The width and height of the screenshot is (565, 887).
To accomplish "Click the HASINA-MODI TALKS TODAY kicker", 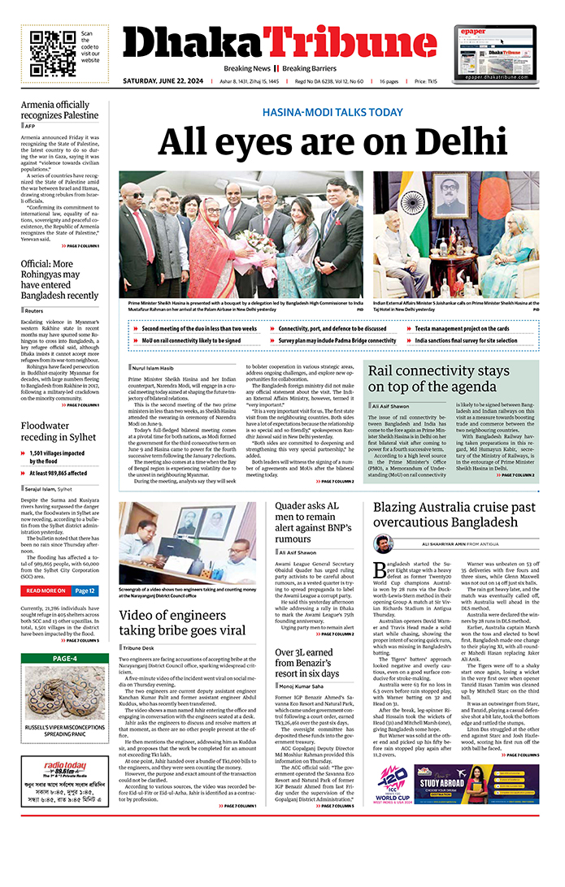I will tap(332, 112).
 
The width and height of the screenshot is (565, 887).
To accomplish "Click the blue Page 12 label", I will tap(85, 591).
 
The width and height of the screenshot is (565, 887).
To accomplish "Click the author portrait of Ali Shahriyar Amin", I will tap(383, 544).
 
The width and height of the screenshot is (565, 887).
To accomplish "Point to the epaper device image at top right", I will tap(495, 50).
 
